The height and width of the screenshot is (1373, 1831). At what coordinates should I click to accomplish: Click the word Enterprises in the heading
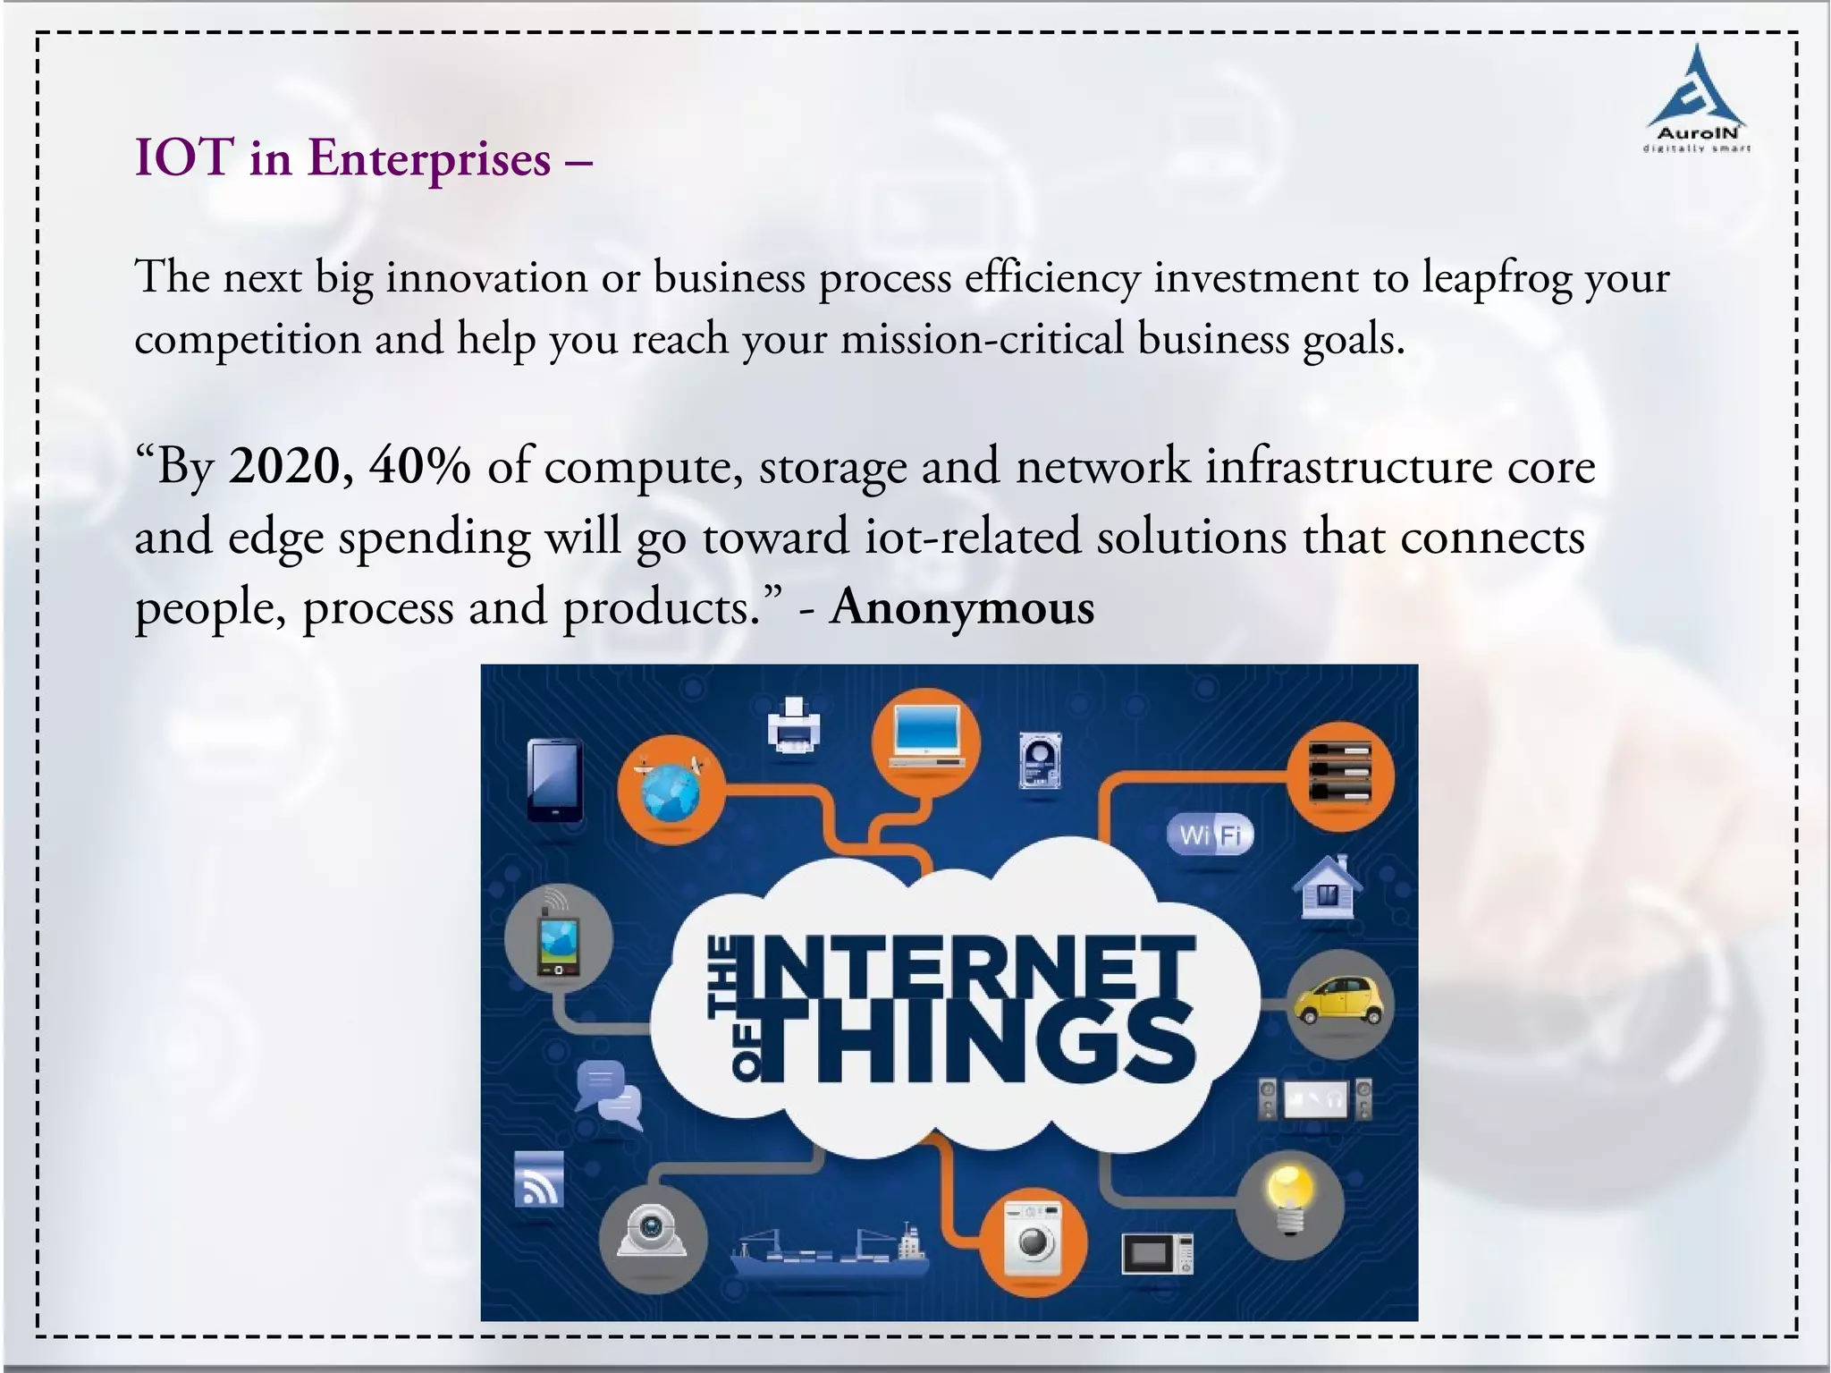coord(429,159)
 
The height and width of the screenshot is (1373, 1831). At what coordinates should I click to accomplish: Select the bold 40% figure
coord(419,467)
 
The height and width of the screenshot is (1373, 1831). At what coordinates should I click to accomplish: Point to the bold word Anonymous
coord(961,608)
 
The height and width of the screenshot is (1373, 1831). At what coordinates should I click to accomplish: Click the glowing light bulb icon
coord(1291,1200)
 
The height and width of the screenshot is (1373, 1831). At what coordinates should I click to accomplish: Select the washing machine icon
coord(1033,1239)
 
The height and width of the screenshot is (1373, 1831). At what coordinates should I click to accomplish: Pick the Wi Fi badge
coord(1211,835)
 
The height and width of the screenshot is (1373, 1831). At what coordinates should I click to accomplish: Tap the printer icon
coord(793,725)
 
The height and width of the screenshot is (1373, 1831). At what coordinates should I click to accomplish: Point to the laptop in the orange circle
coord(926,741)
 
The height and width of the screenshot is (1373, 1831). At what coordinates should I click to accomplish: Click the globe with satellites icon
coord(671,789)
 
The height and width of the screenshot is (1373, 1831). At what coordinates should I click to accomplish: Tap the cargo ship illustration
coord(829,1250)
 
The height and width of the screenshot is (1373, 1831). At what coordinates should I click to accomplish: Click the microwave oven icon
coord(1157,1253)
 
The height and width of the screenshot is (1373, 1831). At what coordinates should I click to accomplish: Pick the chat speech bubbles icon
coord(608,1095)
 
